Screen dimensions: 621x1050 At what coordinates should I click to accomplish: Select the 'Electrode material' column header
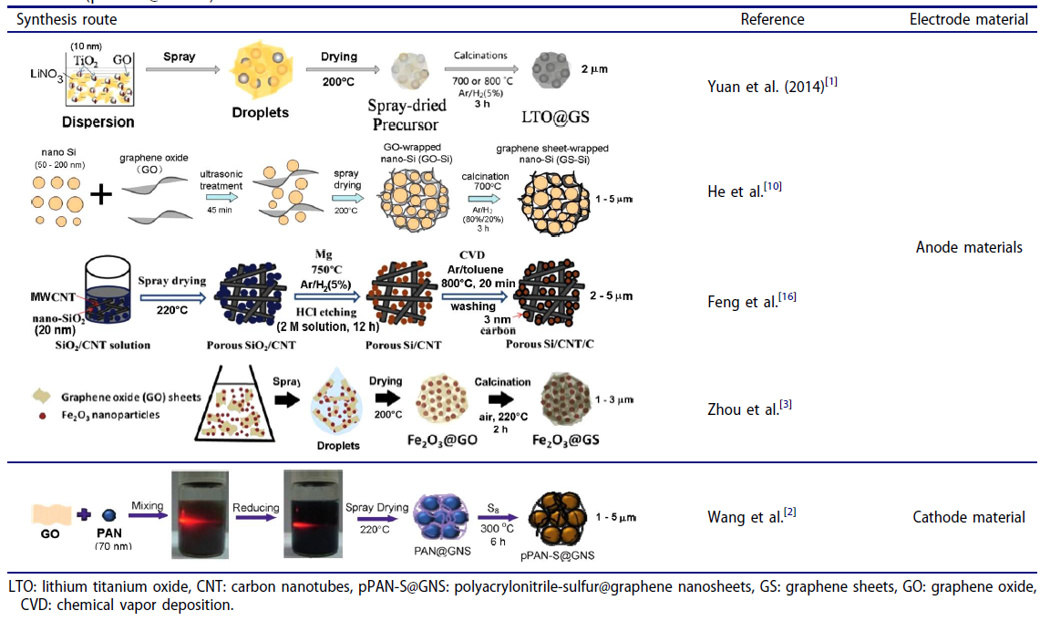968,19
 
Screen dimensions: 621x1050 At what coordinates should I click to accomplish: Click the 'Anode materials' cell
968,247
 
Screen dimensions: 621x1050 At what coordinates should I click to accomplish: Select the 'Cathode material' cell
968,518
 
